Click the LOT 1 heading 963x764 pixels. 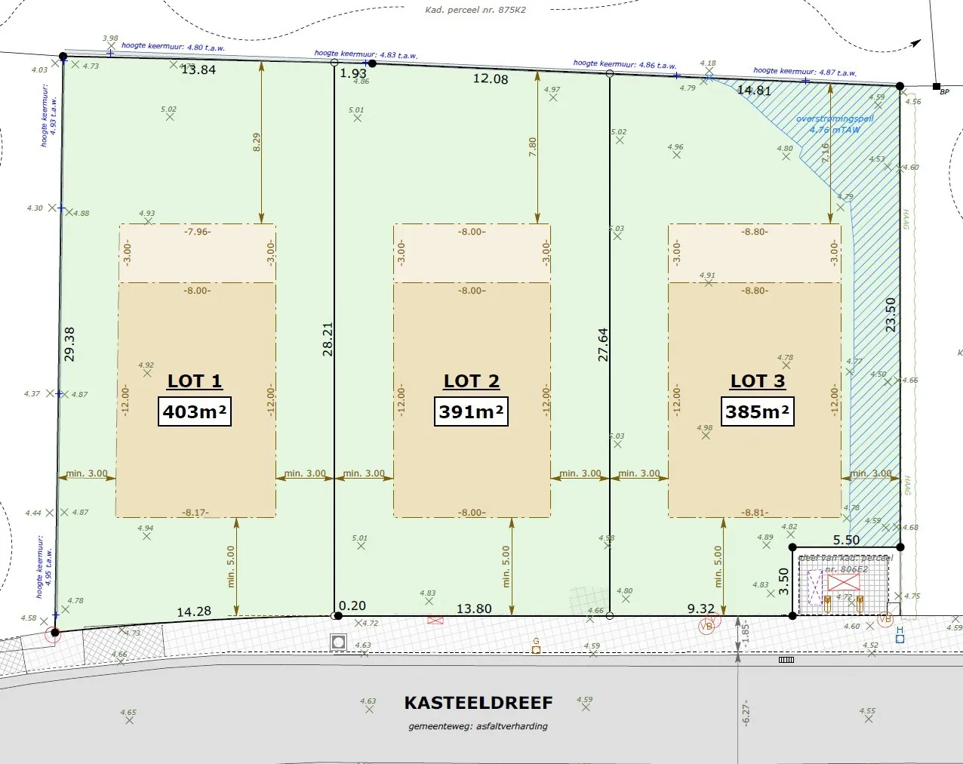[195, 381]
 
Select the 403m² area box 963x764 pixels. [195, 411]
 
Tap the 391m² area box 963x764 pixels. [471, 411]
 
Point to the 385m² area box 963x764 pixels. [757, 411]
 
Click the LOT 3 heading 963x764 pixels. [758, 381]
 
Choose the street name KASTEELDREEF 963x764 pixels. [478, 703]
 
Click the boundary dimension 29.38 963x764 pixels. [69, 343]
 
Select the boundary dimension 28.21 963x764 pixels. [328, 339]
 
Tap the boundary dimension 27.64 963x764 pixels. [603, 344]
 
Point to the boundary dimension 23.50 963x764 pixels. [891, 314]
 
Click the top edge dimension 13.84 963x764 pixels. [198, 69]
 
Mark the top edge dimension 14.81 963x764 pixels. [754, 91]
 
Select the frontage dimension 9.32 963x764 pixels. [700, 608]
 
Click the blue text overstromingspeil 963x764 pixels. [835, 119]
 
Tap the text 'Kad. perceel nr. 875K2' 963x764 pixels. [475, 10]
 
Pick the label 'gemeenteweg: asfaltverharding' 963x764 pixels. [478, 726]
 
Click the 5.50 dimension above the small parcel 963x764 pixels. [846, 540]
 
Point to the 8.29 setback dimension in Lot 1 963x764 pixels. [256, 143]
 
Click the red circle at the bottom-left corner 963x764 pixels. [54, 634]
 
